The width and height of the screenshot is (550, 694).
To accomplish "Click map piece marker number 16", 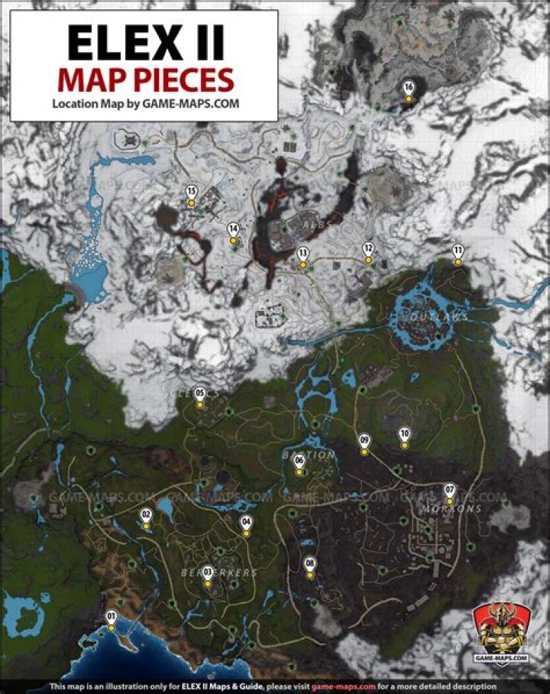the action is tap(409, 89).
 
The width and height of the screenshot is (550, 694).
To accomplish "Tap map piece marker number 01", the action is tap(112, 618).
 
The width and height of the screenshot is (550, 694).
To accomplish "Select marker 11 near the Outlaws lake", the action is tap(458, 252).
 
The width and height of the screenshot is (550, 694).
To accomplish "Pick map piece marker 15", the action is tap(192, 193).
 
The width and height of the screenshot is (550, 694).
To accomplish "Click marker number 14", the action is tap(234, 230).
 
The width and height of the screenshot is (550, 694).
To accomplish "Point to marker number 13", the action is tap(303, 255).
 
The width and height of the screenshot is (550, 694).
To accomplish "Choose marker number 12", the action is tap(368, 250).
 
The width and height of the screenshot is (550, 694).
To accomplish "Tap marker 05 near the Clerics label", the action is tap(200, 395).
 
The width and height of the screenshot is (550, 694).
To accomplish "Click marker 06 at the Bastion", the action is tap(299, 462).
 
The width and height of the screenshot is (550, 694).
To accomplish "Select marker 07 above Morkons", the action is tap(450, 491).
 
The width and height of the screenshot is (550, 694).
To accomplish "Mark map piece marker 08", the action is tap(309, 566).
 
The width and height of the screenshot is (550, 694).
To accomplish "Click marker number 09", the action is tap(364, 442).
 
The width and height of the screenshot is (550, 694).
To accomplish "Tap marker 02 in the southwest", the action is tap(146, 517).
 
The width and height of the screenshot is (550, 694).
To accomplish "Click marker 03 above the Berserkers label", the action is tap(207, 572).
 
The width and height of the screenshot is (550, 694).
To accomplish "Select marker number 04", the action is tap(246, 524).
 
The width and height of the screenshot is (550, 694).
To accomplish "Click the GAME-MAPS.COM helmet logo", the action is tap(501, 631).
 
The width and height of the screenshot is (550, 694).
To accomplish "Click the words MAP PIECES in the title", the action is tap(144, 79).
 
